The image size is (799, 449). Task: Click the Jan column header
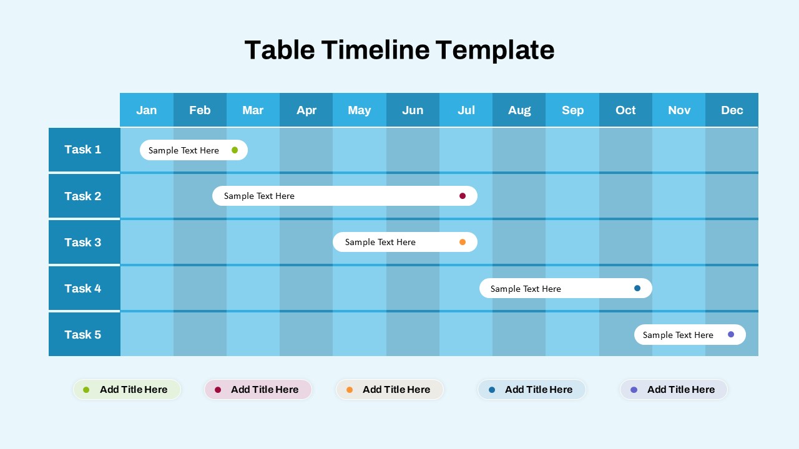pyautogui.click(x=147, y=110)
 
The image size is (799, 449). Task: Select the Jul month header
pyautogui.click(x=466, y=110)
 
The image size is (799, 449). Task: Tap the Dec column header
pyautogui.click(x=732, y=110)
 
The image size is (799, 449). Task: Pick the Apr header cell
pyautogui.click(x=306, y=110)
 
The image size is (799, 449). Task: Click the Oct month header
pyautogui.click(x=625, y=110)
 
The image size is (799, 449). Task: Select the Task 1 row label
pyautogui.click(x=83, y=150)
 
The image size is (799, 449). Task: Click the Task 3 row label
pyautogui.click(x=83, y=242)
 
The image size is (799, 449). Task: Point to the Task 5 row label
pyautogui.click(x=83, y=335)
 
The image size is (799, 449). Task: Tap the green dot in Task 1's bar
pyautogui.click(x=235, y=150)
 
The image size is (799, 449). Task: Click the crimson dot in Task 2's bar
pyautogui.click(x=463, y=196)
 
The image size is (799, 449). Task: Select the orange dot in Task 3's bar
pyautogui.click(x=463, y=242)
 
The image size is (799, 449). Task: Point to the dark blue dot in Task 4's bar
pyautogui.click(x=637, y=288)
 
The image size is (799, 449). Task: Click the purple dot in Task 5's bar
pyautogui.click(x=731, y=334)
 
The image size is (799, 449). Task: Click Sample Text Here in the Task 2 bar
pyautogui.click(x=259, y=196)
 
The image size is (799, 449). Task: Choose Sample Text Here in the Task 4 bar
pyautogui.click(x=526, y=289)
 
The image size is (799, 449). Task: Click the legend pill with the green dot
pyautogui.click(x=127, y=390)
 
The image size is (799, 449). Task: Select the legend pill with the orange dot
pyautogui.click(x=390, y=390)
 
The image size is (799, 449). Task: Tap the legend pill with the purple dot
pyautogui.click(x=674, y=390)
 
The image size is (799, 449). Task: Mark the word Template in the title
pyautogui.click(x=495, y=50)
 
